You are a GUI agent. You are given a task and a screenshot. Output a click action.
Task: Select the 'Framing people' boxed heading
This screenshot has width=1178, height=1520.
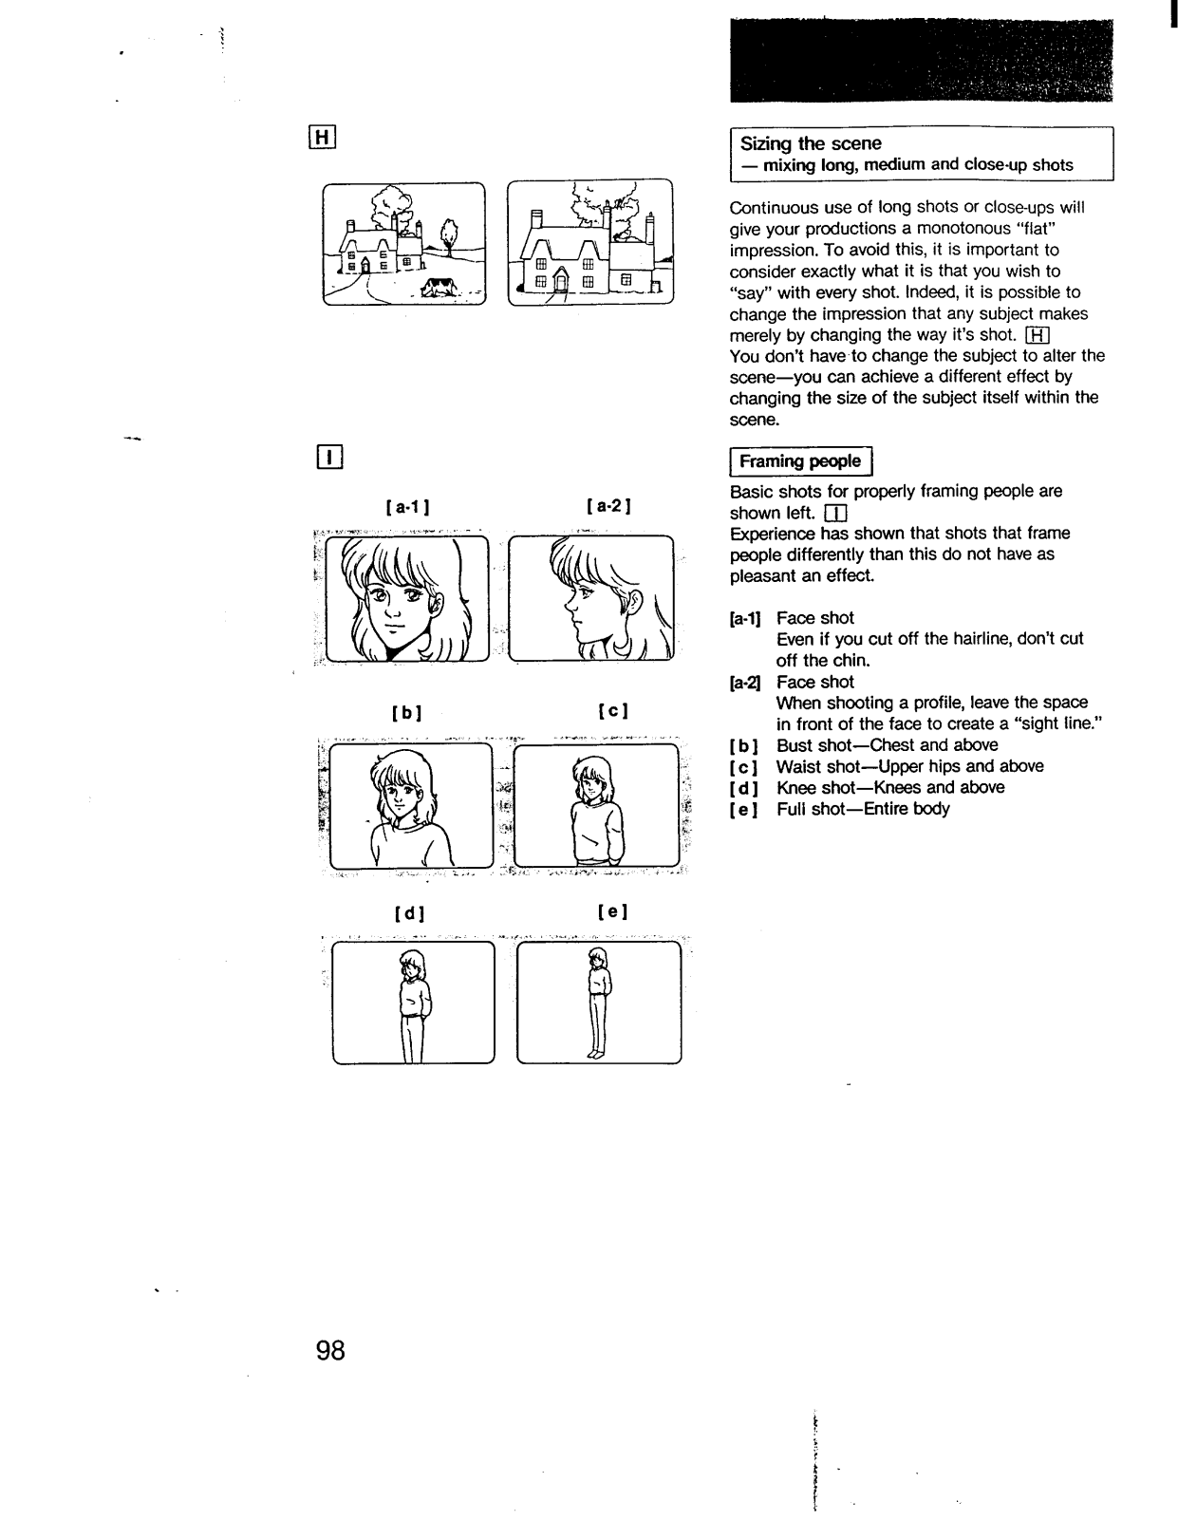(800, 461)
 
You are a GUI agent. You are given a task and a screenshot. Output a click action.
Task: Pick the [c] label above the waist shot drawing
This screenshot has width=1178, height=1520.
(614, 710)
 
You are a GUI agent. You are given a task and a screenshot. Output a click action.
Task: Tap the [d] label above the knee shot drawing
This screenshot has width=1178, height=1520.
(409, 913)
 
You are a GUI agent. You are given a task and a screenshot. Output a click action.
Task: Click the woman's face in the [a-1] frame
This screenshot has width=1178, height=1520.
(399, 608)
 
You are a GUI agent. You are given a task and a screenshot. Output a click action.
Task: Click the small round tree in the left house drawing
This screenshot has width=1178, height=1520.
(449, 231)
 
